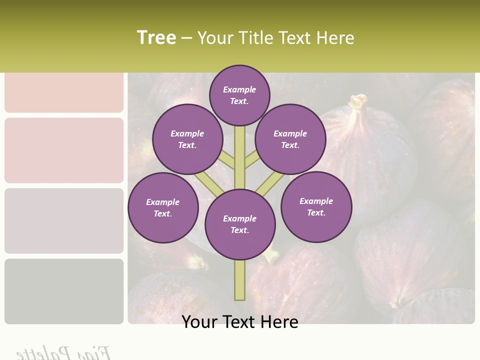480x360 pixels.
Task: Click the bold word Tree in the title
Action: (156, 37)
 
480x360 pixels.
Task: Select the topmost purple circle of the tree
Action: (239, 95)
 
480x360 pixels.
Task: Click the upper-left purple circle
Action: (187, 139)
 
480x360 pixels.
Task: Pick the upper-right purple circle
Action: (290, 139)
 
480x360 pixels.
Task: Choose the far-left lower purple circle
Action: (163, 207)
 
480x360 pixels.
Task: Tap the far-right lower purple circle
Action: (316, 206)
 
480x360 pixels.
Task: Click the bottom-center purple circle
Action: (240, 224)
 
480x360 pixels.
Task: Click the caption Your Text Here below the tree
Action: (240, 322)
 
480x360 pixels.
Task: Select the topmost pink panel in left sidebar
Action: (64, 92)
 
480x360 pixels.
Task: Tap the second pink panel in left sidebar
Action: (64, 150)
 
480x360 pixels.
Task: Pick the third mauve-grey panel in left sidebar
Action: (64, 220)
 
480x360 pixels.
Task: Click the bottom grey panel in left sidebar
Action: (64, 291)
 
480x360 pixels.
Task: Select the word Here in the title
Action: (334, 38)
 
